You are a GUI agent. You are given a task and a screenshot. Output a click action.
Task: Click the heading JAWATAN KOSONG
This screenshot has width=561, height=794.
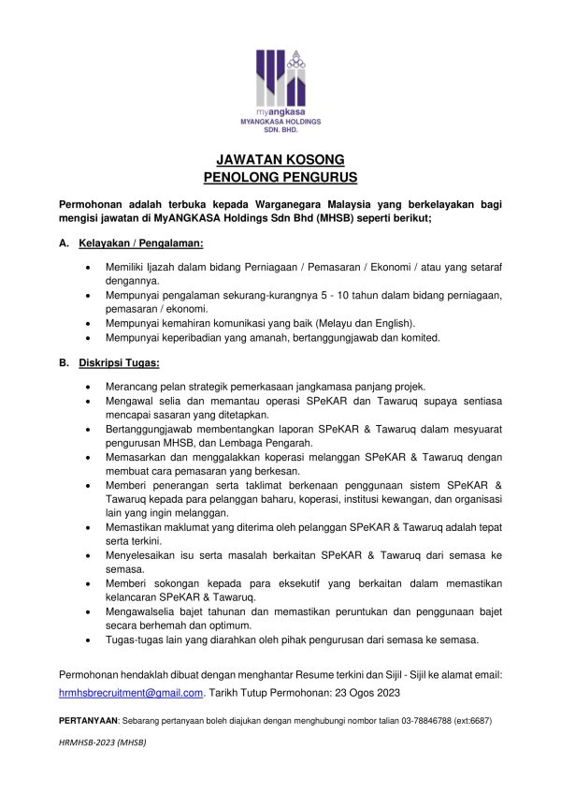280,159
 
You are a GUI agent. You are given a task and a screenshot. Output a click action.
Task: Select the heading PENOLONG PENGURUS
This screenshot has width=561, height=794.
280,176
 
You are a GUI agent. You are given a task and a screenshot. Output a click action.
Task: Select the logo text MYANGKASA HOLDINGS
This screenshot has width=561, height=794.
280,123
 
